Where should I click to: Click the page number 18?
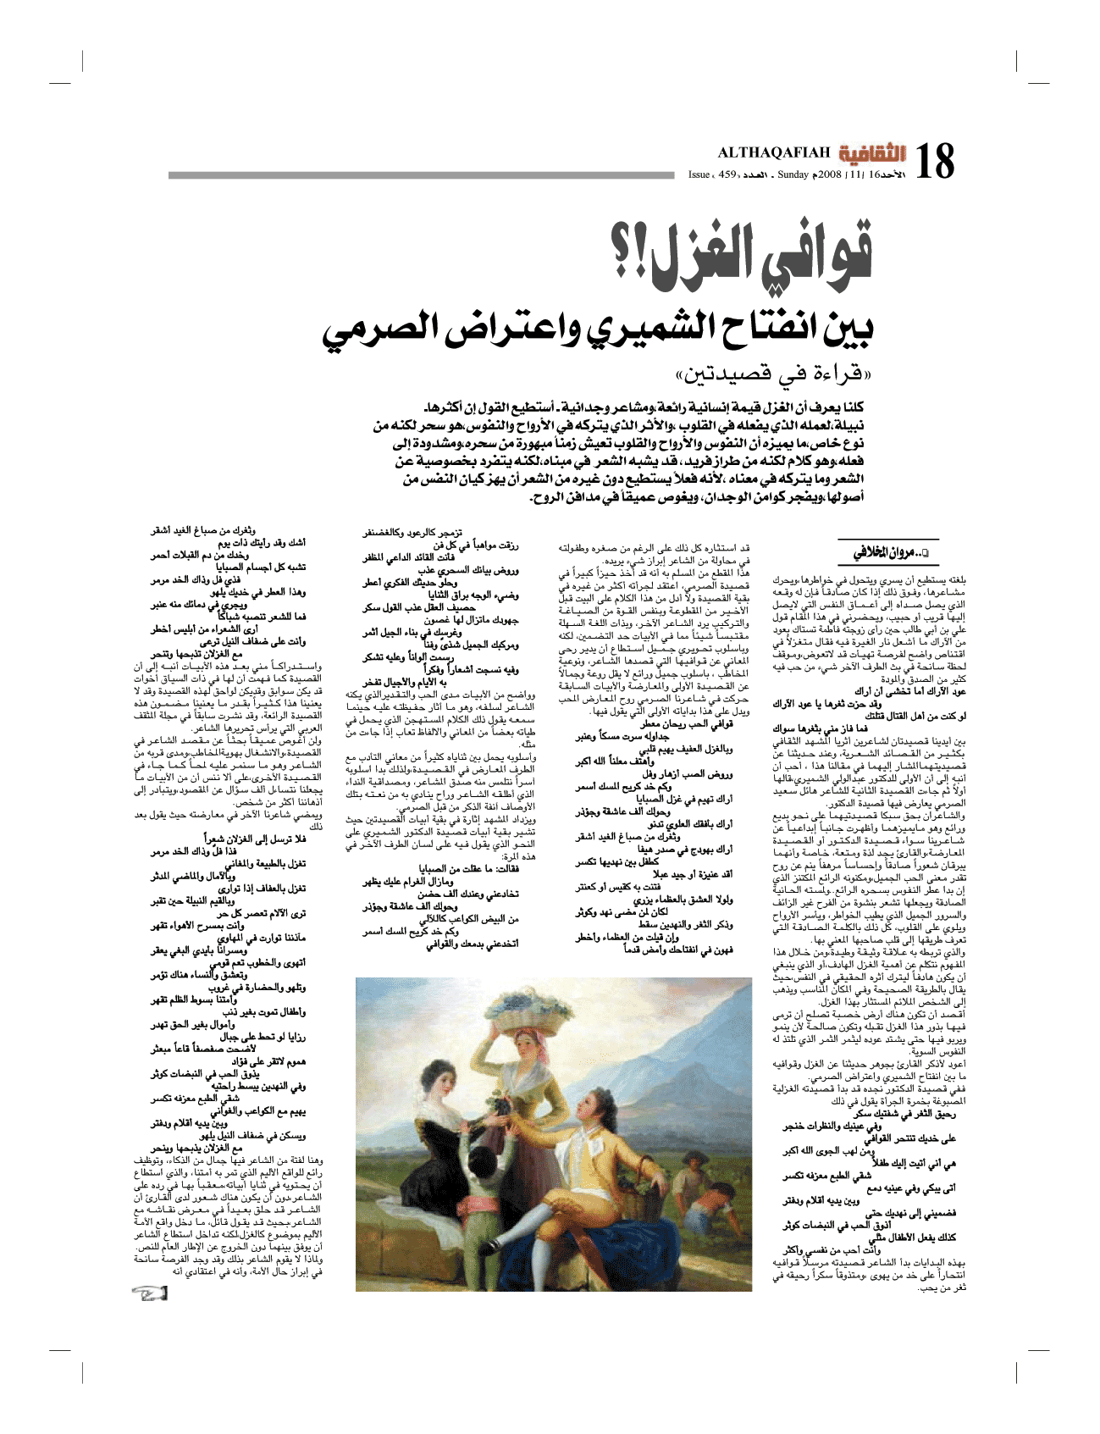click(933, 161)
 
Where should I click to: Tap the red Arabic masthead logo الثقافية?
click(871, 153)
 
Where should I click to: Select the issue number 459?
click(727, 174)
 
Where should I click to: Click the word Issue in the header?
click(699, 174)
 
